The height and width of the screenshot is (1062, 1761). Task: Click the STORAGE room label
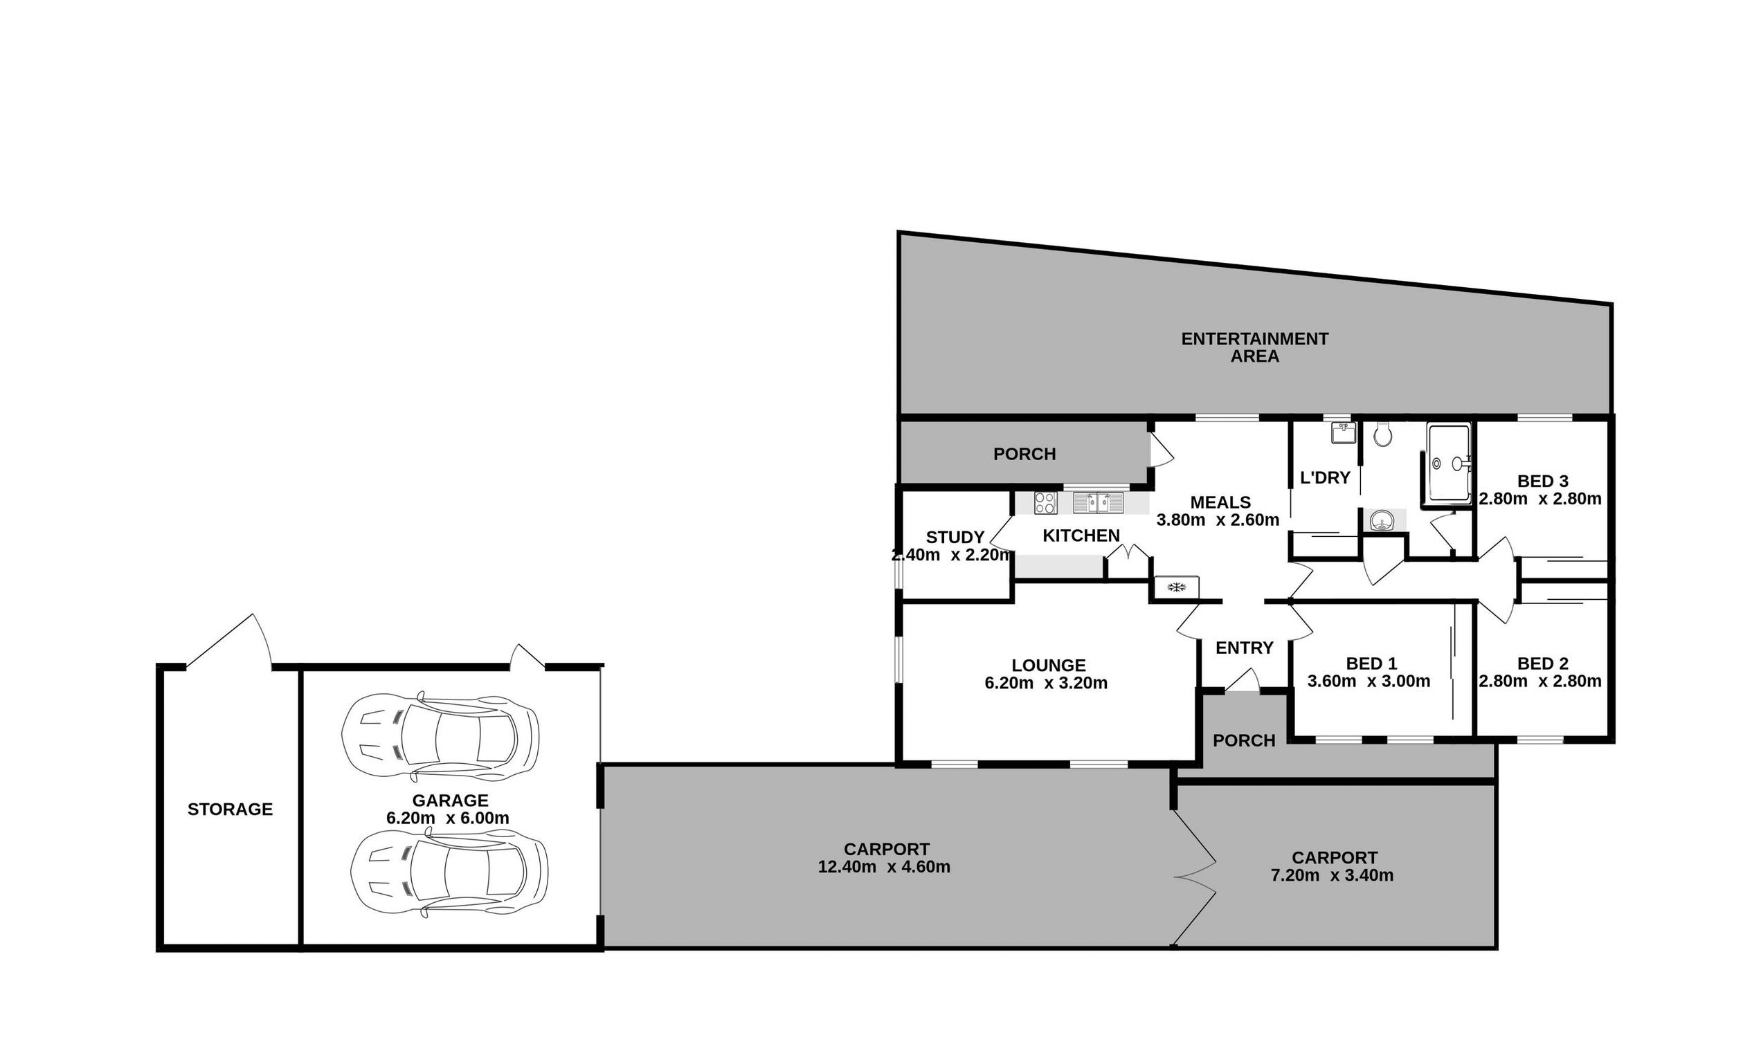(x=229, y=809)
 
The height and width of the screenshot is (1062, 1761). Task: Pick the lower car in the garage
(x=449, y=872)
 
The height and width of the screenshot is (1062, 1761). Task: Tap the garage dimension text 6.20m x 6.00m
(x=448, y=818)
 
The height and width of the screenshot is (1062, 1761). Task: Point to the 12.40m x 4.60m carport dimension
(x=884, y=867)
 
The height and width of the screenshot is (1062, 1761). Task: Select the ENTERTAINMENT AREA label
(x=1254, y=347)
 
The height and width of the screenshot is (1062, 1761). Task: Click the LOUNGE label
(x=1049, y=666)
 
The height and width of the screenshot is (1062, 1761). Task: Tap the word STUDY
(x=955, y=537)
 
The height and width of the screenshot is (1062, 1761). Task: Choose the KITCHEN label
(x=1081, y=535)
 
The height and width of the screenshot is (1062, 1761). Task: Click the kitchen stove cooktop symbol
(x=1045, y=503)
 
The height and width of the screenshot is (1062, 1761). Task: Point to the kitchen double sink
(x=1098, y=503)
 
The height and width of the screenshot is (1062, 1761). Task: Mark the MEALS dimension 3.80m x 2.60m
(x=1218, y=520)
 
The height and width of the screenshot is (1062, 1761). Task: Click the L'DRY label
(x=1324, y=478)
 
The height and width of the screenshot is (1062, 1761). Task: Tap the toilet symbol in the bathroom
(x=1383, y=434)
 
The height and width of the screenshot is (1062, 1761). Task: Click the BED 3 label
(x=1543, y=482)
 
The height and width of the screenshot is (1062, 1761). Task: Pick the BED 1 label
(x=1371, y=663)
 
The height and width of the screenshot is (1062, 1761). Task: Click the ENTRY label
(x=1245, y=648)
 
